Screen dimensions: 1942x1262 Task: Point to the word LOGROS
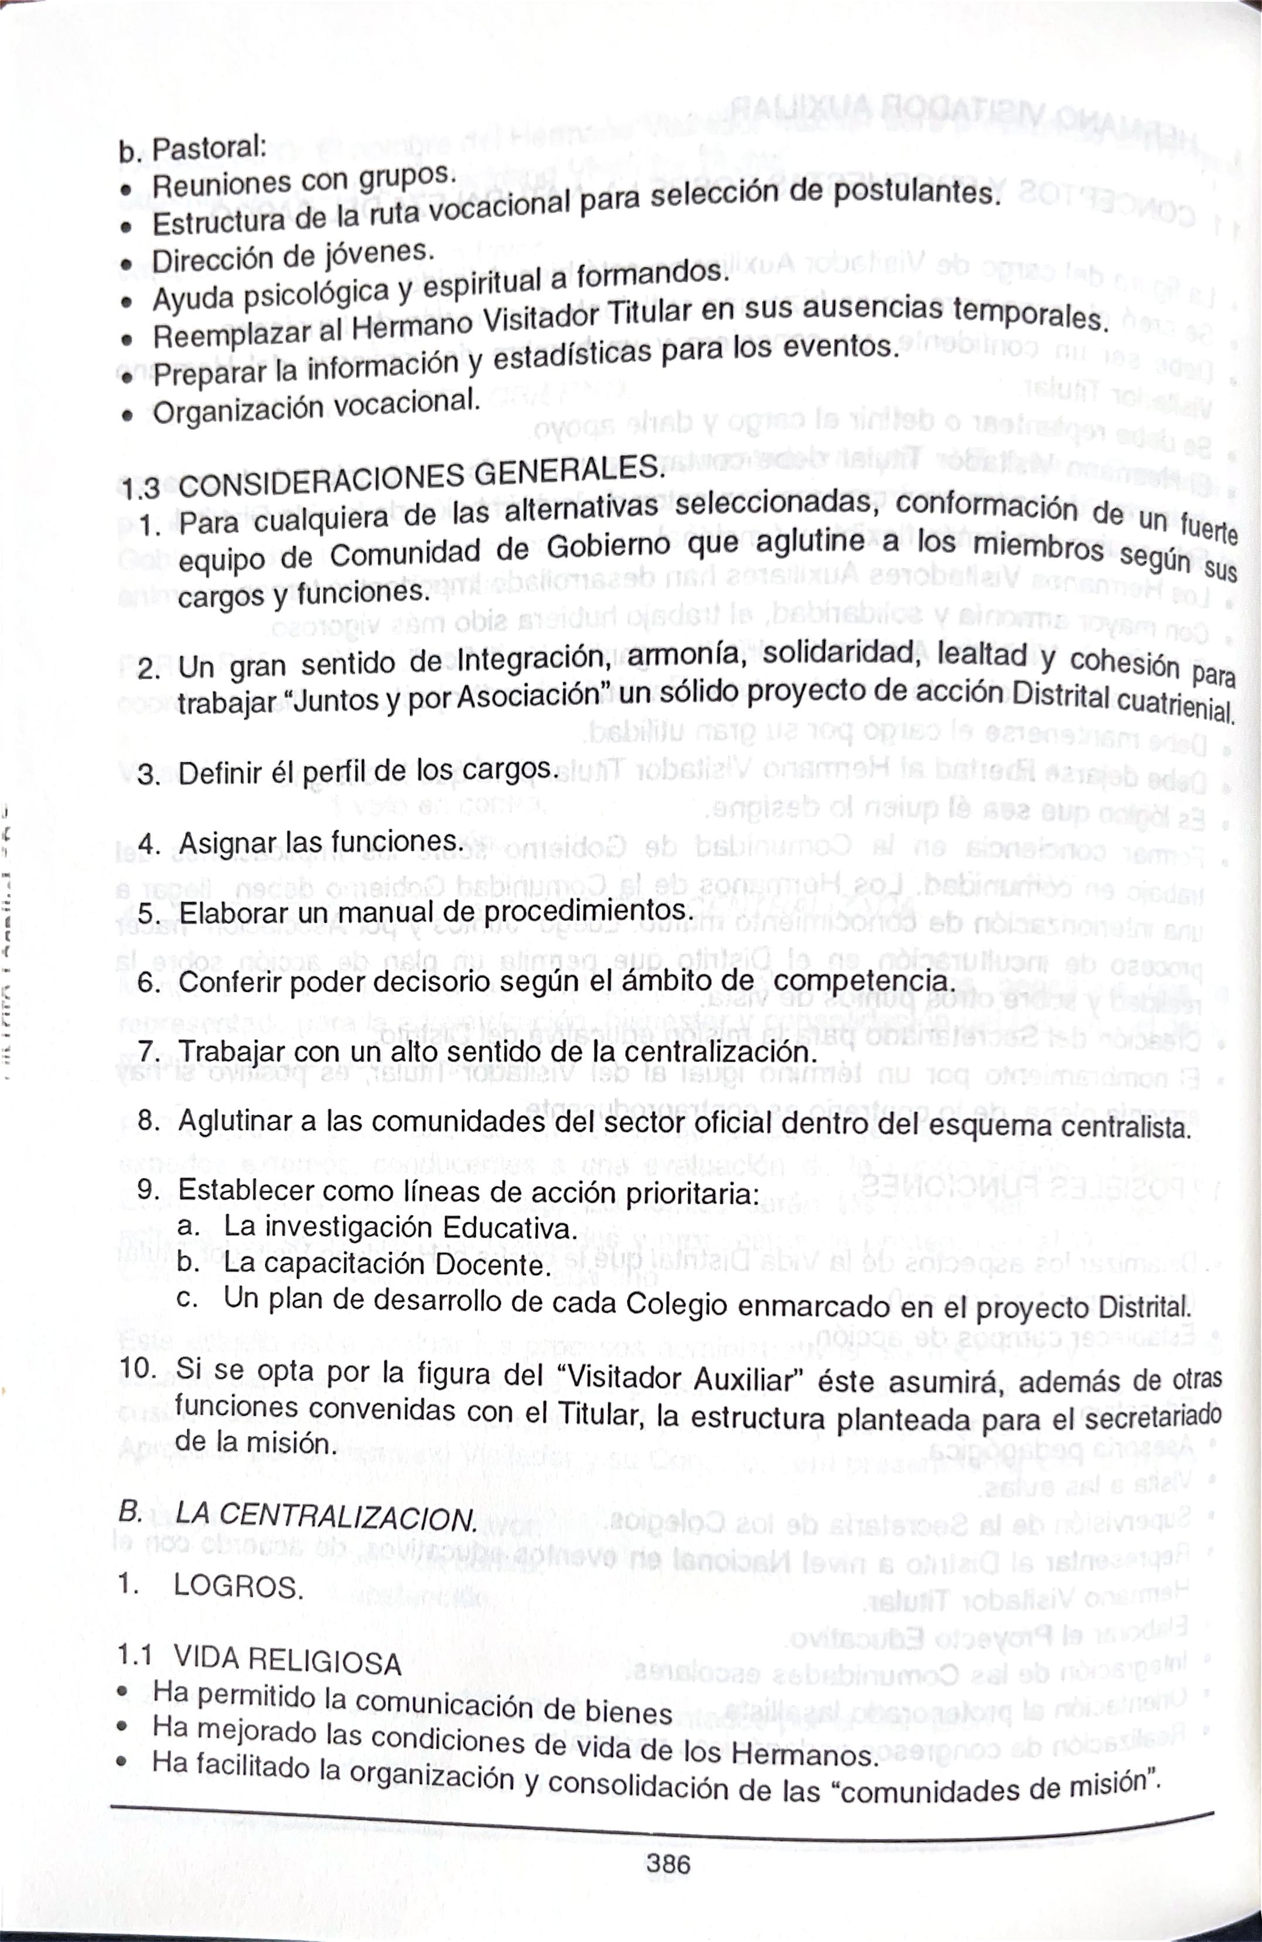238,1587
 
